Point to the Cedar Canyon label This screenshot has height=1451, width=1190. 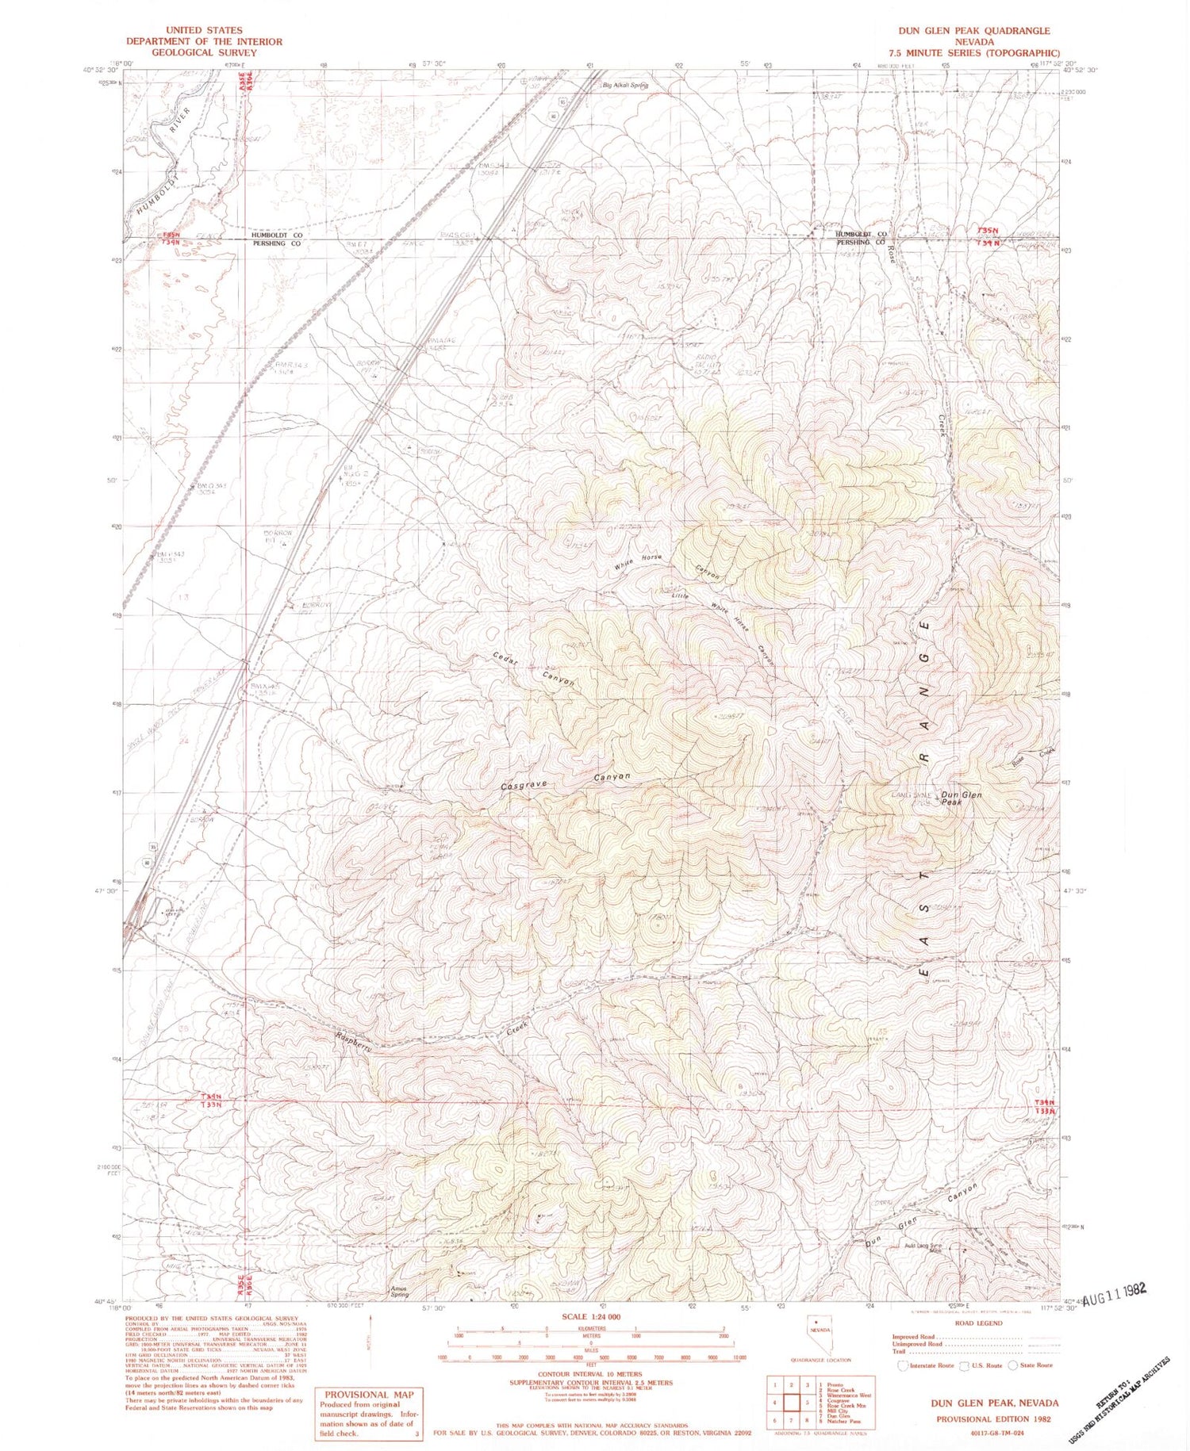[532, 669]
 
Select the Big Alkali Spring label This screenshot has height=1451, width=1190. [625, 86]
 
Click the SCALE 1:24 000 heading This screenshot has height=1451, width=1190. [591, 1316]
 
